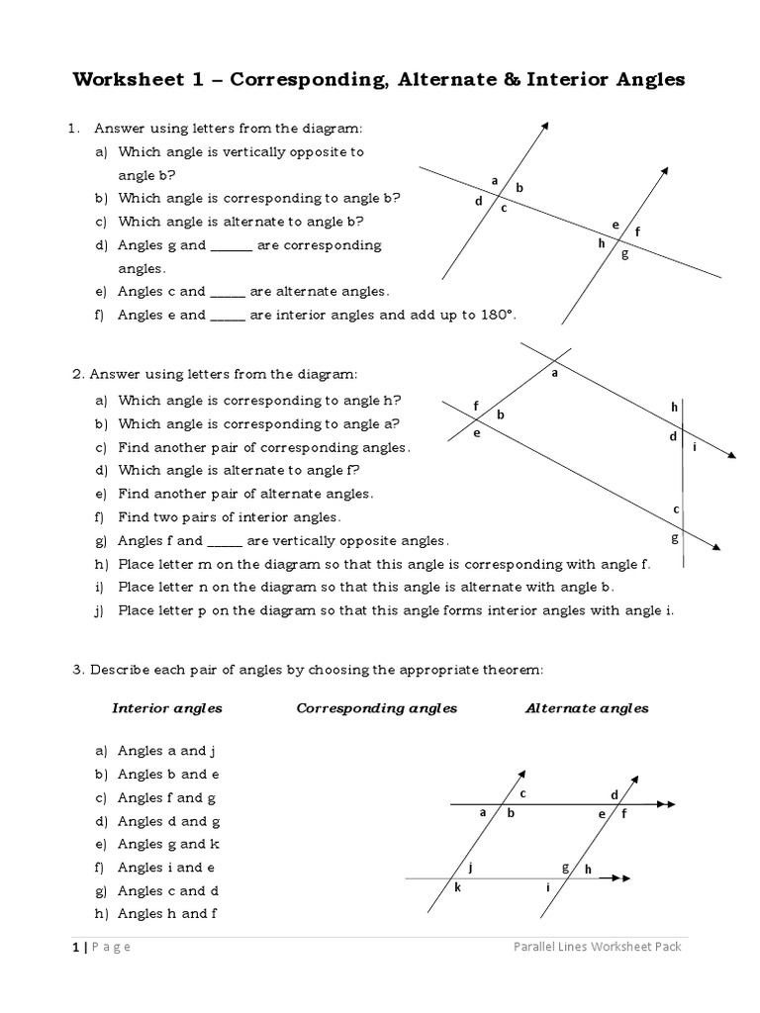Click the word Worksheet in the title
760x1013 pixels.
coord(123,80)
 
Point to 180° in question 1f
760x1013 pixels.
coord(495,315)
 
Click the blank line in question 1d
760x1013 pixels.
coord(232,245)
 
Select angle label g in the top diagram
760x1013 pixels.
coord(624,254)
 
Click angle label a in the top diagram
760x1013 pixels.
coord(495,180)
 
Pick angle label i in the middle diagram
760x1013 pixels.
coord(695,446)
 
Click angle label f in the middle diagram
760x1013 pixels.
coord(476,406)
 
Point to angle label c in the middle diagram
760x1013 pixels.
coord(677,508)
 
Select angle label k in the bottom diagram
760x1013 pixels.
coord(457,887)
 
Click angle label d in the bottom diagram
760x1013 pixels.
coord(614,794)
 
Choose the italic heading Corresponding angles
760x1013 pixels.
coord(377,708)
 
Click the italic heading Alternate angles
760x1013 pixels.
coord(587,708)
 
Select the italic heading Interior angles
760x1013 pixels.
coord(167,708)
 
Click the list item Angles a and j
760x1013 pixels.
coord(166,751)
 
